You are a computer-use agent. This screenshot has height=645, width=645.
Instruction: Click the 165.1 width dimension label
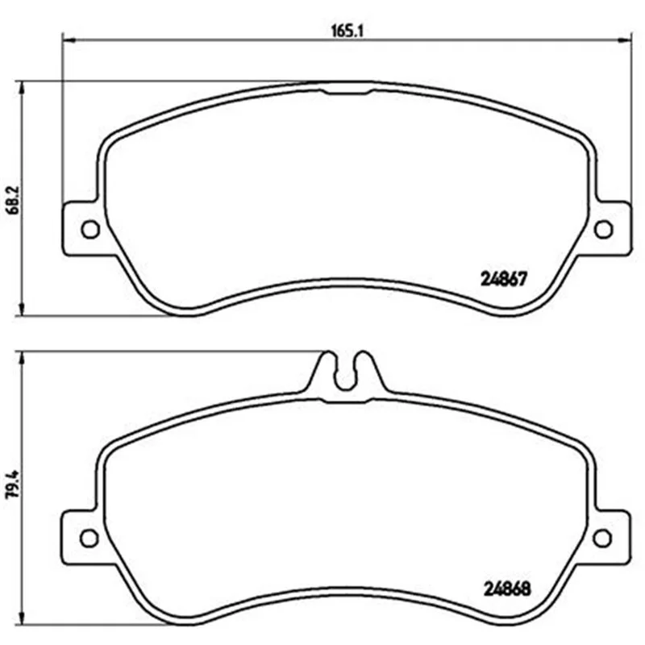coord(348,31)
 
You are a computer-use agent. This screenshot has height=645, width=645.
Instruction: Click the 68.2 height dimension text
coord(14,200)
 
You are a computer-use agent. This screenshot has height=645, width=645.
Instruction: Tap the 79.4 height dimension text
coord(14,485)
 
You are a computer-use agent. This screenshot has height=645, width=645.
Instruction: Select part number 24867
coord(503,280)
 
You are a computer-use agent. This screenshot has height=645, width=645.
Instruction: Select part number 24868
coord(507,589)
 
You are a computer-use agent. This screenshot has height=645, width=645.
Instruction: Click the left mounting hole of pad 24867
coord(90,229)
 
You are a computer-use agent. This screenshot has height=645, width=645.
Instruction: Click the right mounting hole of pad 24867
coord(603,229)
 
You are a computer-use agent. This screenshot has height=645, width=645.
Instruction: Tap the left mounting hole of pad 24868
coord(89,539)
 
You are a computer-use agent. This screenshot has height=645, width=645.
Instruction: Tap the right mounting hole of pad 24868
coord(602,539)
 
